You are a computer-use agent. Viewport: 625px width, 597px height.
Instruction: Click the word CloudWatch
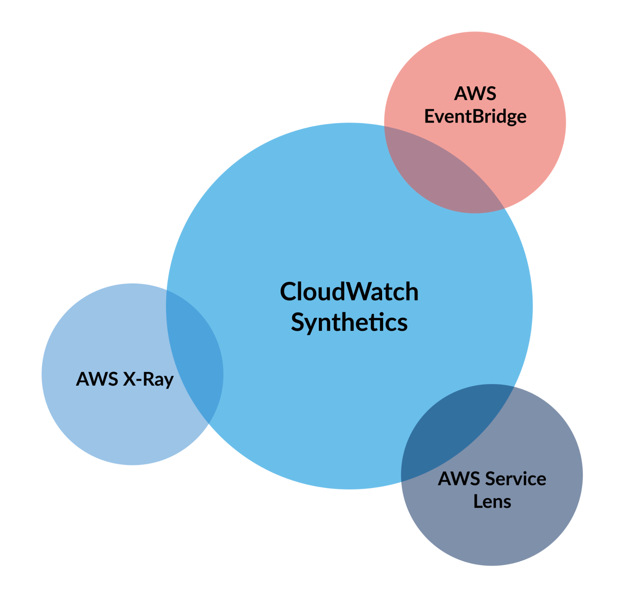[x=349, y=292]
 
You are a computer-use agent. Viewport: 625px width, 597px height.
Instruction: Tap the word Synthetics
[x=349, y=322]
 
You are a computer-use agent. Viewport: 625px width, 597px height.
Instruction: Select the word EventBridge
[x=475, y=117]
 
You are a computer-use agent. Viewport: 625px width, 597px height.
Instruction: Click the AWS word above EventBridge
[x=475, y=93]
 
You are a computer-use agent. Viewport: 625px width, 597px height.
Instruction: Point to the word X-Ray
[x=148, y=379]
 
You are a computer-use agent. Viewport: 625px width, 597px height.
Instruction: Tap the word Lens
[x=492, y=502]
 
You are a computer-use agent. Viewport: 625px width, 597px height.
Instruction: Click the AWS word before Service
[x=458, y=479]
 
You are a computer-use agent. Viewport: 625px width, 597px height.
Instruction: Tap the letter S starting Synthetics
[x=298, y=322]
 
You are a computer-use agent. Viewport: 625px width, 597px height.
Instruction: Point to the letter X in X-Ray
[x=129, y=379]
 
